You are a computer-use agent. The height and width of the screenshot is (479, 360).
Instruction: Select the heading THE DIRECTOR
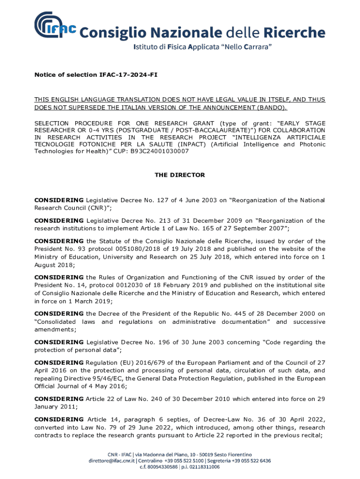[x=180, y=175]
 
